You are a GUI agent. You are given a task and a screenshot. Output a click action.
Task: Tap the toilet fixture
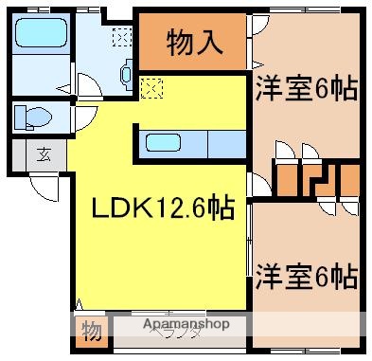pyautogui.click(x=29, y=117)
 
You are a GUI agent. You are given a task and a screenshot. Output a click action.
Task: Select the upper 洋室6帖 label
pyautogui.click(x=305, y=90)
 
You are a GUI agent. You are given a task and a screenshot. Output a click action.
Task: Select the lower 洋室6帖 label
pyautogui.click(x=305, y=277)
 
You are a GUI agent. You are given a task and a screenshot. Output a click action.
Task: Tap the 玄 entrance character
pyautogui.click(x=43, y=154)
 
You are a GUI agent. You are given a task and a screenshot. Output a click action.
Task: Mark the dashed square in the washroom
pyautogui.click(x=122, y=38)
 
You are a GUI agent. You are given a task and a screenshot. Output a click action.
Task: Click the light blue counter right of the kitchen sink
pyautogui.click(x=225, y=144)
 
